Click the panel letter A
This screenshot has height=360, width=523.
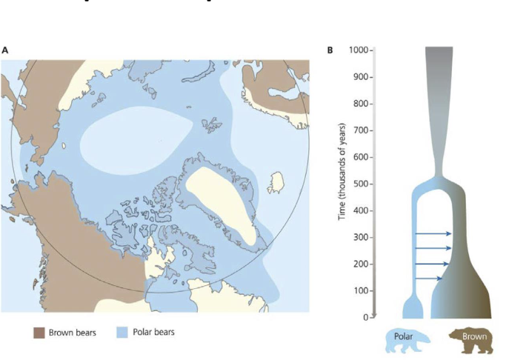(x=5, y=50)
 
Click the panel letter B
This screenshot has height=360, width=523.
(x=330, y=50)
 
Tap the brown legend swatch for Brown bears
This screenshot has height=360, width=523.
(x=39, y=333)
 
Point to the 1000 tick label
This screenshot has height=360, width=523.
(x=359, y=50)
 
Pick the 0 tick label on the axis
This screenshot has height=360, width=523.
(x=365, y=317)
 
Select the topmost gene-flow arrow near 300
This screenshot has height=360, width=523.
(x=433, y=234)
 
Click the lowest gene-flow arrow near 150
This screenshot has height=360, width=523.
(x=429, y=279)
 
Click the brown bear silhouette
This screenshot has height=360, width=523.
(x=474, y=340)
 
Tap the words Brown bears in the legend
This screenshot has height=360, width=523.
(x=73, y=333)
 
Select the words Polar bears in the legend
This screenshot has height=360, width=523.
(x=155, y=333)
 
